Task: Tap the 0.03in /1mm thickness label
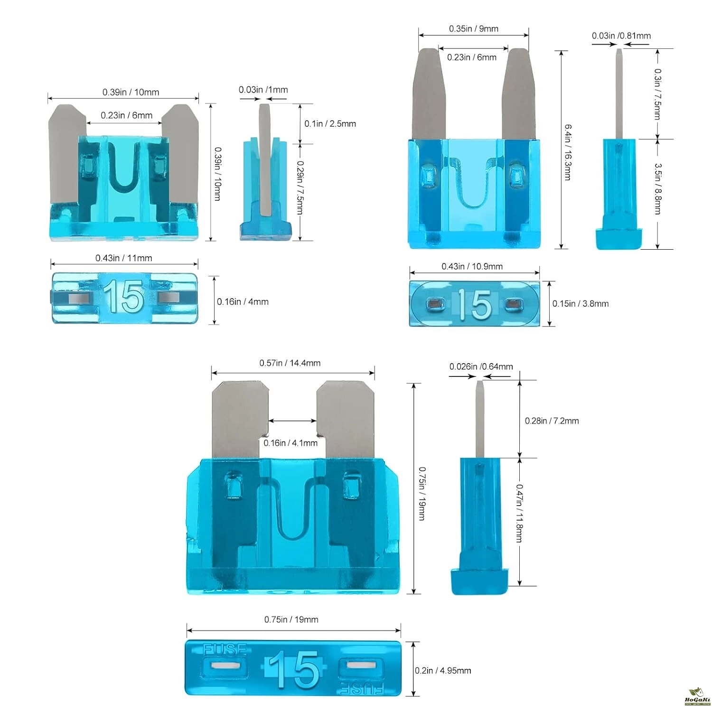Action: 263,90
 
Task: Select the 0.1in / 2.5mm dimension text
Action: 330,123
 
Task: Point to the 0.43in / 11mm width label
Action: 124,258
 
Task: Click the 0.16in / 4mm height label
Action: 243,301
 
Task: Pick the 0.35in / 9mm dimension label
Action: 474,29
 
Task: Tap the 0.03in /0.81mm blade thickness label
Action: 621,36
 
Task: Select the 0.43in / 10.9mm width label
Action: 472,266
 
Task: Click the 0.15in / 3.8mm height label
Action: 580,304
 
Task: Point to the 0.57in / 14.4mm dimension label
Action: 290,363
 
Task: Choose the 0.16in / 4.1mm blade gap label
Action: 290,443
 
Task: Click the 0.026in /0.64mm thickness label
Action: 481,366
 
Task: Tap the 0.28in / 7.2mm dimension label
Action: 552,421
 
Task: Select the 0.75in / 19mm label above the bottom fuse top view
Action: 291,619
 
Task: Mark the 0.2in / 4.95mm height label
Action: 443,671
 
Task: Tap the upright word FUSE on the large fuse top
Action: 225,649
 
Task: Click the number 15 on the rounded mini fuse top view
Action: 475,304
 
